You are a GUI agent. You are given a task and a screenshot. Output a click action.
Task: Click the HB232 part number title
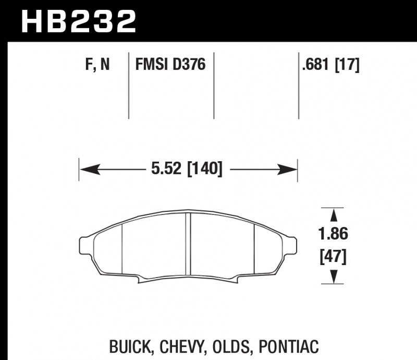pos(78,21)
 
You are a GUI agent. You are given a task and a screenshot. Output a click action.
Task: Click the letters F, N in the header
pos(96,66)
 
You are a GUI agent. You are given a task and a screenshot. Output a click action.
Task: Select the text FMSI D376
pos(170,66)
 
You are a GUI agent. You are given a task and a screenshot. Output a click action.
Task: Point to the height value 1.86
pos(333,235)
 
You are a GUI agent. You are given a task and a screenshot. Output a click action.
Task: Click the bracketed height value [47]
pos(333,257)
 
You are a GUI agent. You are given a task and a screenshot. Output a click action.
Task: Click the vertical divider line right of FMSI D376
pos(214,86)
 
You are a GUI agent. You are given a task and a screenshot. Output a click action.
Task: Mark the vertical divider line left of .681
pos(299,86)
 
